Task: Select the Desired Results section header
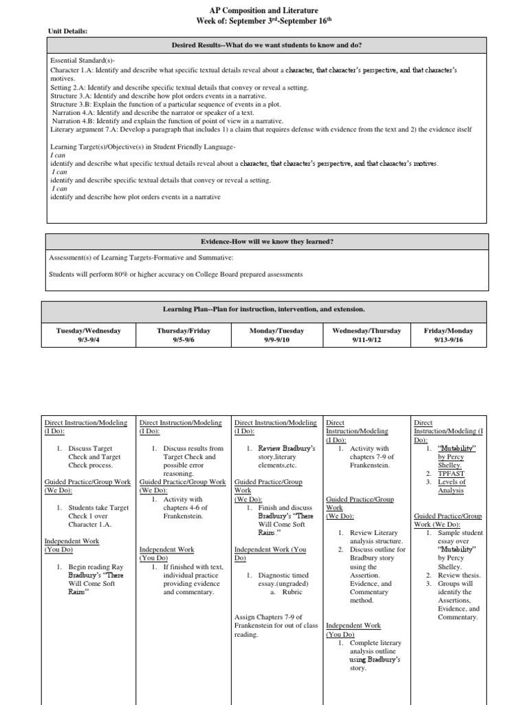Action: (x=267, y=45)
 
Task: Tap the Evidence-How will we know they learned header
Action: (x=267, y=242)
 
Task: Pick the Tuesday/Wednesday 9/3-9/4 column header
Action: (x=88, y=335)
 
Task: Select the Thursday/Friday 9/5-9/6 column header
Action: (x=183, y=335)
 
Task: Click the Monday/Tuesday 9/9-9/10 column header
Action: (x=277, y=335)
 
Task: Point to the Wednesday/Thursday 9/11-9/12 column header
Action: (x=366, y=335)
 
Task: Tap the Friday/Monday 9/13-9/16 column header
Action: (x=450, y=335)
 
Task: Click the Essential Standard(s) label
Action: (x=78, y=61)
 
